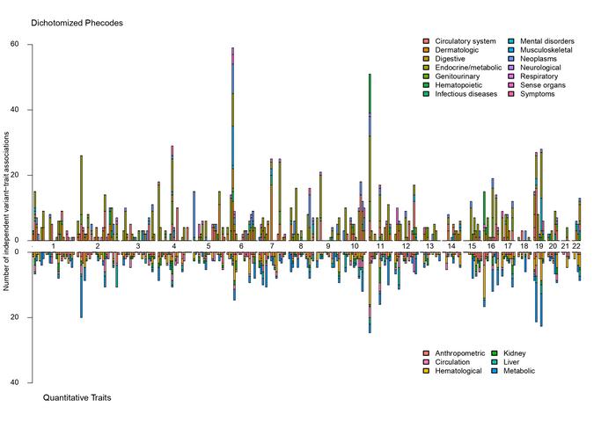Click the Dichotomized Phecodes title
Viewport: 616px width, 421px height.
click(x=77, y=22)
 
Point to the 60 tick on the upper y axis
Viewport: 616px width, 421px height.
click(x=15, y=44)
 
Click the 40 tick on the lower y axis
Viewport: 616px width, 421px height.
click(x=15, y=382)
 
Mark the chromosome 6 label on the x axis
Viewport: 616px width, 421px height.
click(x=240, y=246)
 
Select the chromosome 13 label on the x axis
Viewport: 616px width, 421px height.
click(x=429, y=246)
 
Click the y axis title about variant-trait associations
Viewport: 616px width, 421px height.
click(x=8, y=211)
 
